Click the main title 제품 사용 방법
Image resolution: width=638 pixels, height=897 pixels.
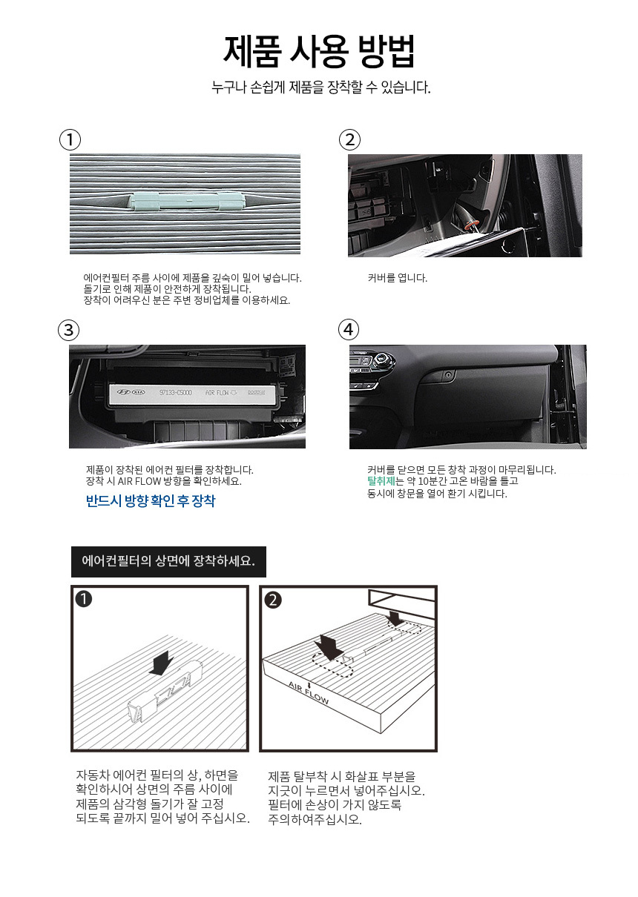pyautogui.click(x=319, y=51)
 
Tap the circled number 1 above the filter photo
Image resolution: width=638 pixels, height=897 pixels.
pyautogui.click(x=70, y=140)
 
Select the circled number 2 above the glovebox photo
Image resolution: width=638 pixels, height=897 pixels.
pyautogui.click(x=349, y=140)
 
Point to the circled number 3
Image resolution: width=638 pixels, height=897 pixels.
pyautogui.click(x=68, y=330)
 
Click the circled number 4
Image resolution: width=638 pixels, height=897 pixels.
pyautogui.click(x=348, y=330)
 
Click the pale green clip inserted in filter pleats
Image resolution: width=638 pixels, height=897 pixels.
pyautogui.click(x=187, y=201)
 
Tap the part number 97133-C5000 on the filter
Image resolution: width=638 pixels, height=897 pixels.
pyautogui.click(x=176, y=392)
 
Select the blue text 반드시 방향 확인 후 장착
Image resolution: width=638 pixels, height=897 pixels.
pyautogui.click(x=151, y=500)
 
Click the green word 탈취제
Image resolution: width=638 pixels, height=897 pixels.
pyautogui.click(x=381, y=480)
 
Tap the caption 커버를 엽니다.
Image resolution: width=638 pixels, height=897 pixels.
pyautogui.click(x=398, y=278)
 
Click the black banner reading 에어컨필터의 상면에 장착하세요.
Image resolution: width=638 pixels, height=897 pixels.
pyautogui.click(x=168, y=561)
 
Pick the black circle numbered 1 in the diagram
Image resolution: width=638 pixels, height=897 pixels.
pyautogui.click(x=83, y=599)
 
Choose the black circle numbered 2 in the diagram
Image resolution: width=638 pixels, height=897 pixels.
pyautogui.click(x=273, y=600)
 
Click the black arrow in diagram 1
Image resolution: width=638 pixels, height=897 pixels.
pyautogui.click(x=161, y=662)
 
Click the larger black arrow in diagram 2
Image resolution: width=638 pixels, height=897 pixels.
pyautogui.click(x=329, y=648)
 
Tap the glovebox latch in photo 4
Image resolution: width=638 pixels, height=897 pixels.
pyautogui.click(x=447, y=375)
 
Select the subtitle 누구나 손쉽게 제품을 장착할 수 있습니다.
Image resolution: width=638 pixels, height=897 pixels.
pyautogui.click(x=321, y=87)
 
